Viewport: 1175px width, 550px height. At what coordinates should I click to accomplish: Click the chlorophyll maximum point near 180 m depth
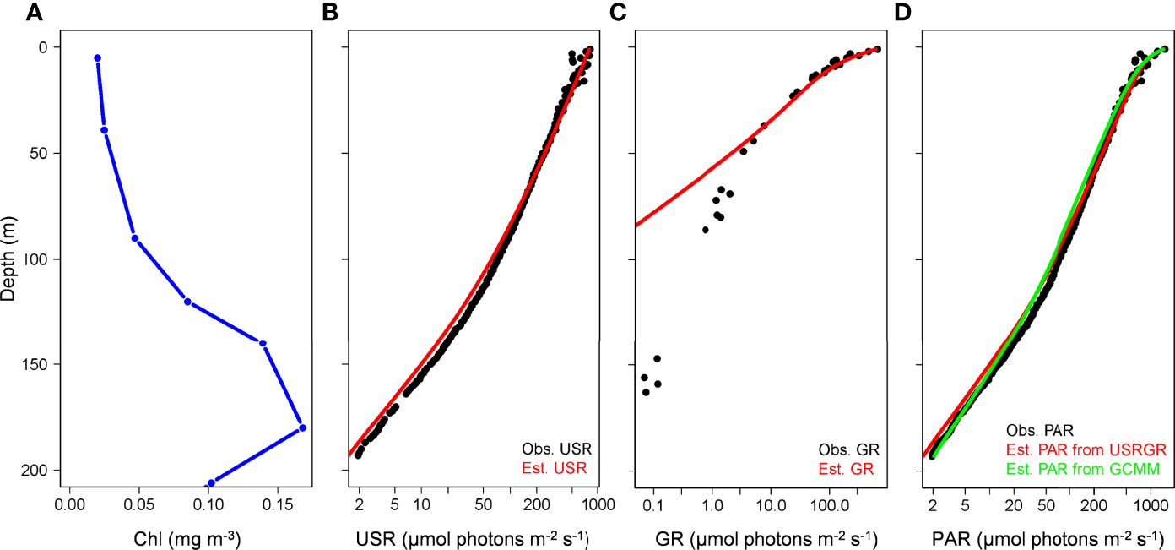(x=302, y=427)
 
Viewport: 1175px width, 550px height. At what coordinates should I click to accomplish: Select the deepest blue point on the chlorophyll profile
(x=211, y=482)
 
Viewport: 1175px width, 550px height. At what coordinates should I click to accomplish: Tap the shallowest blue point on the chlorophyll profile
(x=97, y=58)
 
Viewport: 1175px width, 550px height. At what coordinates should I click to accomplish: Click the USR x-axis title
(x=473, y=538)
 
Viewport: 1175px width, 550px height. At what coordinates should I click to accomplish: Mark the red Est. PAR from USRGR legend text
(x=1077, y=448)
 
